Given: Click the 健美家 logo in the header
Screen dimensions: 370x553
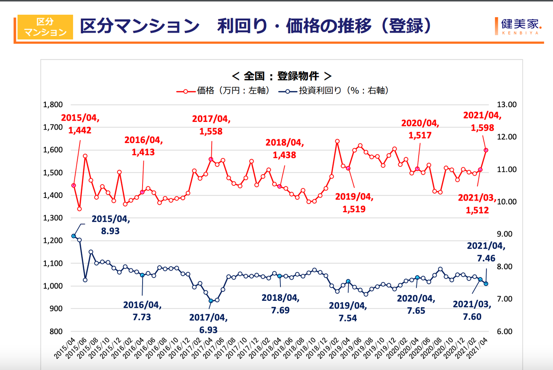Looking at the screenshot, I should pos(519,27).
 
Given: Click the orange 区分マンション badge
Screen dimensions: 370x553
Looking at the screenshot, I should pos(45,27).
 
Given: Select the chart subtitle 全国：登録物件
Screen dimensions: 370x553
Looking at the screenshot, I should pos(281,76).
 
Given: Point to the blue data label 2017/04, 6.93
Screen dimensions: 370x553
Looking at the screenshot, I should pos(208,324).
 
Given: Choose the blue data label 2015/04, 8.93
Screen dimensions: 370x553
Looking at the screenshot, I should pos(111,225).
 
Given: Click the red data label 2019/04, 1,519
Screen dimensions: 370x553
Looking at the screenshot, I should pos(354,203).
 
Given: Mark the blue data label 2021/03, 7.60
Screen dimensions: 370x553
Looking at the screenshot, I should pos(472,310).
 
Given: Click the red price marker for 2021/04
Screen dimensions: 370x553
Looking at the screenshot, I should pos(486,150).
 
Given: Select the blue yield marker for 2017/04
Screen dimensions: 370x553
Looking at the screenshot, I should pos(211,301).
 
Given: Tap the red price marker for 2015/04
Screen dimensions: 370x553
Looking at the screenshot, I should pos(73,185).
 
